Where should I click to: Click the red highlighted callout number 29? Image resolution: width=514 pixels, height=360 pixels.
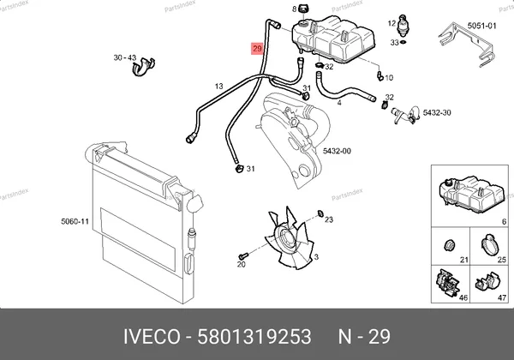pyautogui.click(x=257, y=49)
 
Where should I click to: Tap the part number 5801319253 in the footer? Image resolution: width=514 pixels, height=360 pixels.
pyautogui.click(x=254, y=337)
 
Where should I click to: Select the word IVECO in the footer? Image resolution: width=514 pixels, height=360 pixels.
pyautogui.click(x=152, y=337)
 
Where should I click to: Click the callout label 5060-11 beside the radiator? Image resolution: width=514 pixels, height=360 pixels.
pyautogui.click(x=75, y=222)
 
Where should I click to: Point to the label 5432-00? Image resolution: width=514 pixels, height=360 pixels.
pyautogui.click(x=337, y=151)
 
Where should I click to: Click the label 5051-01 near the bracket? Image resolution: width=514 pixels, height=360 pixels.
pyautogui.click(x=481, y=26)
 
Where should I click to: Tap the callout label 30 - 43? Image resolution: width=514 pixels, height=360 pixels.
pyautogui.click(x=124, y=57)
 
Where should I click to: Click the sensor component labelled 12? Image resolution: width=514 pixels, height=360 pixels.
pyautogui.click(x=403, y=25)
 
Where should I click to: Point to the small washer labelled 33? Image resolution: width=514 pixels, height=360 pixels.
pyautogui.click(x=403, y=42)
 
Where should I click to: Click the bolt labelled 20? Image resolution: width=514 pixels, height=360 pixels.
pyautogui.click(x=243, y=255)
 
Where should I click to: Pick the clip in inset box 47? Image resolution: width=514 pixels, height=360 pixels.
pyautogui.click(x=487, y=283)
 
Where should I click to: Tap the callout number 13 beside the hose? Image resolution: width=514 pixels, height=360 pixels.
pyautogui.click(x=219, y=87)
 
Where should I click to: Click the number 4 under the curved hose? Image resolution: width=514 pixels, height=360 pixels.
pyautogui.click(x=339, y=103)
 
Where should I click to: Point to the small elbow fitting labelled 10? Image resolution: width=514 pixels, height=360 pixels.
pyautogui.click(x=380, y=75)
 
